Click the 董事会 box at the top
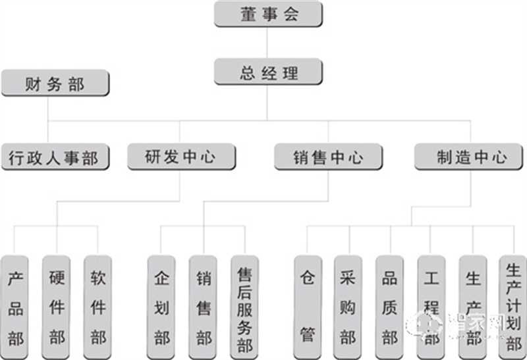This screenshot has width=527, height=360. tap(268, 14)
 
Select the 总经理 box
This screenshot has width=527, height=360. tap(268, 72)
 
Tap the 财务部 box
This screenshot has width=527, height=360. tap(55, 84)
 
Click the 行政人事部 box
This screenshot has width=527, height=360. tap(55, 157)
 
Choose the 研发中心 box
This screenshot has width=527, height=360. tap(180, 157)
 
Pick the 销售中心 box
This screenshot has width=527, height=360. tap(328, 157)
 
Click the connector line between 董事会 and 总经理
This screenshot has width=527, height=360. tap(267, 43)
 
